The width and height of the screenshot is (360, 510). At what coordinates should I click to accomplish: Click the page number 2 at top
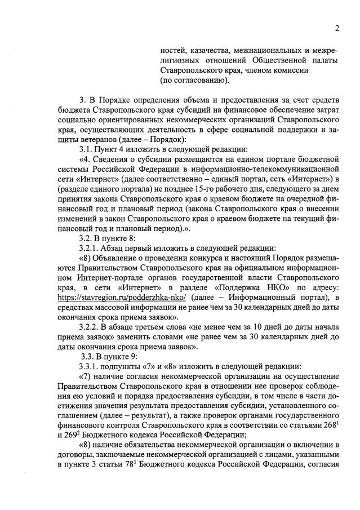coord(336,29)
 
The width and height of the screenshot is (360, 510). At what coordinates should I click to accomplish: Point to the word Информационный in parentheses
coord(263,298)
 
